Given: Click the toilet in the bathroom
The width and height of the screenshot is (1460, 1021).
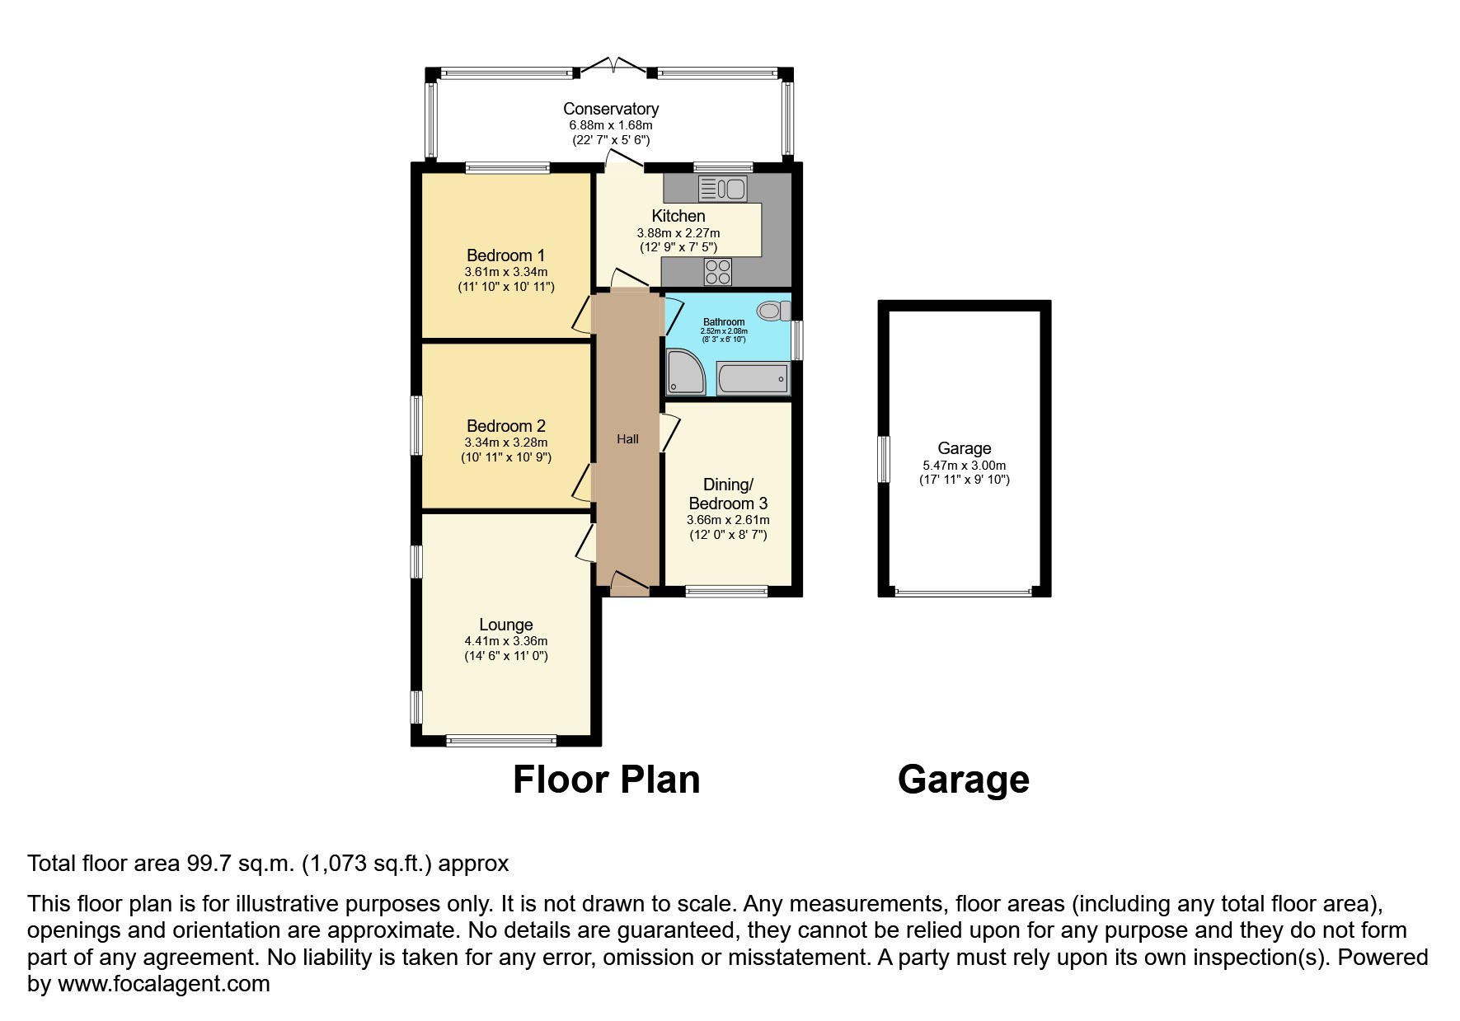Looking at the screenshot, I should (772, 311).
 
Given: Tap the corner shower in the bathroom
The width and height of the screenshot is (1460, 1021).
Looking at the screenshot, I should (685, 372).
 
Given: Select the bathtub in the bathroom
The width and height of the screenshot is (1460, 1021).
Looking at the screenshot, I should (752, 379).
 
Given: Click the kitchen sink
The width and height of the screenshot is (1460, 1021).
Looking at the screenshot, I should (721, 189).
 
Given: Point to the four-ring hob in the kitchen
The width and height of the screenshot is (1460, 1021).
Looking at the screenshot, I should (718, 272).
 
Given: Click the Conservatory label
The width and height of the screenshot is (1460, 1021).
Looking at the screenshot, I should (611, 109).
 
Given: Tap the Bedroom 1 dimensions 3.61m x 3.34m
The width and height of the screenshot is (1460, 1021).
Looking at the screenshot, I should (505, 272).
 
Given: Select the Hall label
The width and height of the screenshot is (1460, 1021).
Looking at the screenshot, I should (627, 439).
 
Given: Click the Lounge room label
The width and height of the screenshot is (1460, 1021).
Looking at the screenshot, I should (505, 625).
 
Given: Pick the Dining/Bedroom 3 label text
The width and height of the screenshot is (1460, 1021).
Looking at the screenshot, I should (728, 494).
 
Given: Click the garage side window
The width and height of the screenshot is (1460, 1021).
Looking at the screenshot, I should (884, 459).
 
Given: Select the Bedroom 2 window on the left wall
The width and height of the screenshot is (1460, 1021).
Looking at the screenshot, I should (417, 425).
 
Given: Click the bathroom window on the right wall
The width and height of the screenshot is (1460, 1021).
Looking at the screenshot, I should (797, 340).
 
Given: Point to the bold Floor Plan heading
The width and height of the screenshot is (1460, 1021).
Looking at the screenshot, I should (606, 780).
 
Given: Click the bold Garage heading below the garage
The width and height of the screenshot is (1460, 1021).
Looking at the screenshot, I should (963, 780).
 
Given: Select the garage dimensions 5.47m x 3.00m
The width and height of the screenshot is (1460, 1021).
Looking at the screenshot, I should (964, 466).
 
